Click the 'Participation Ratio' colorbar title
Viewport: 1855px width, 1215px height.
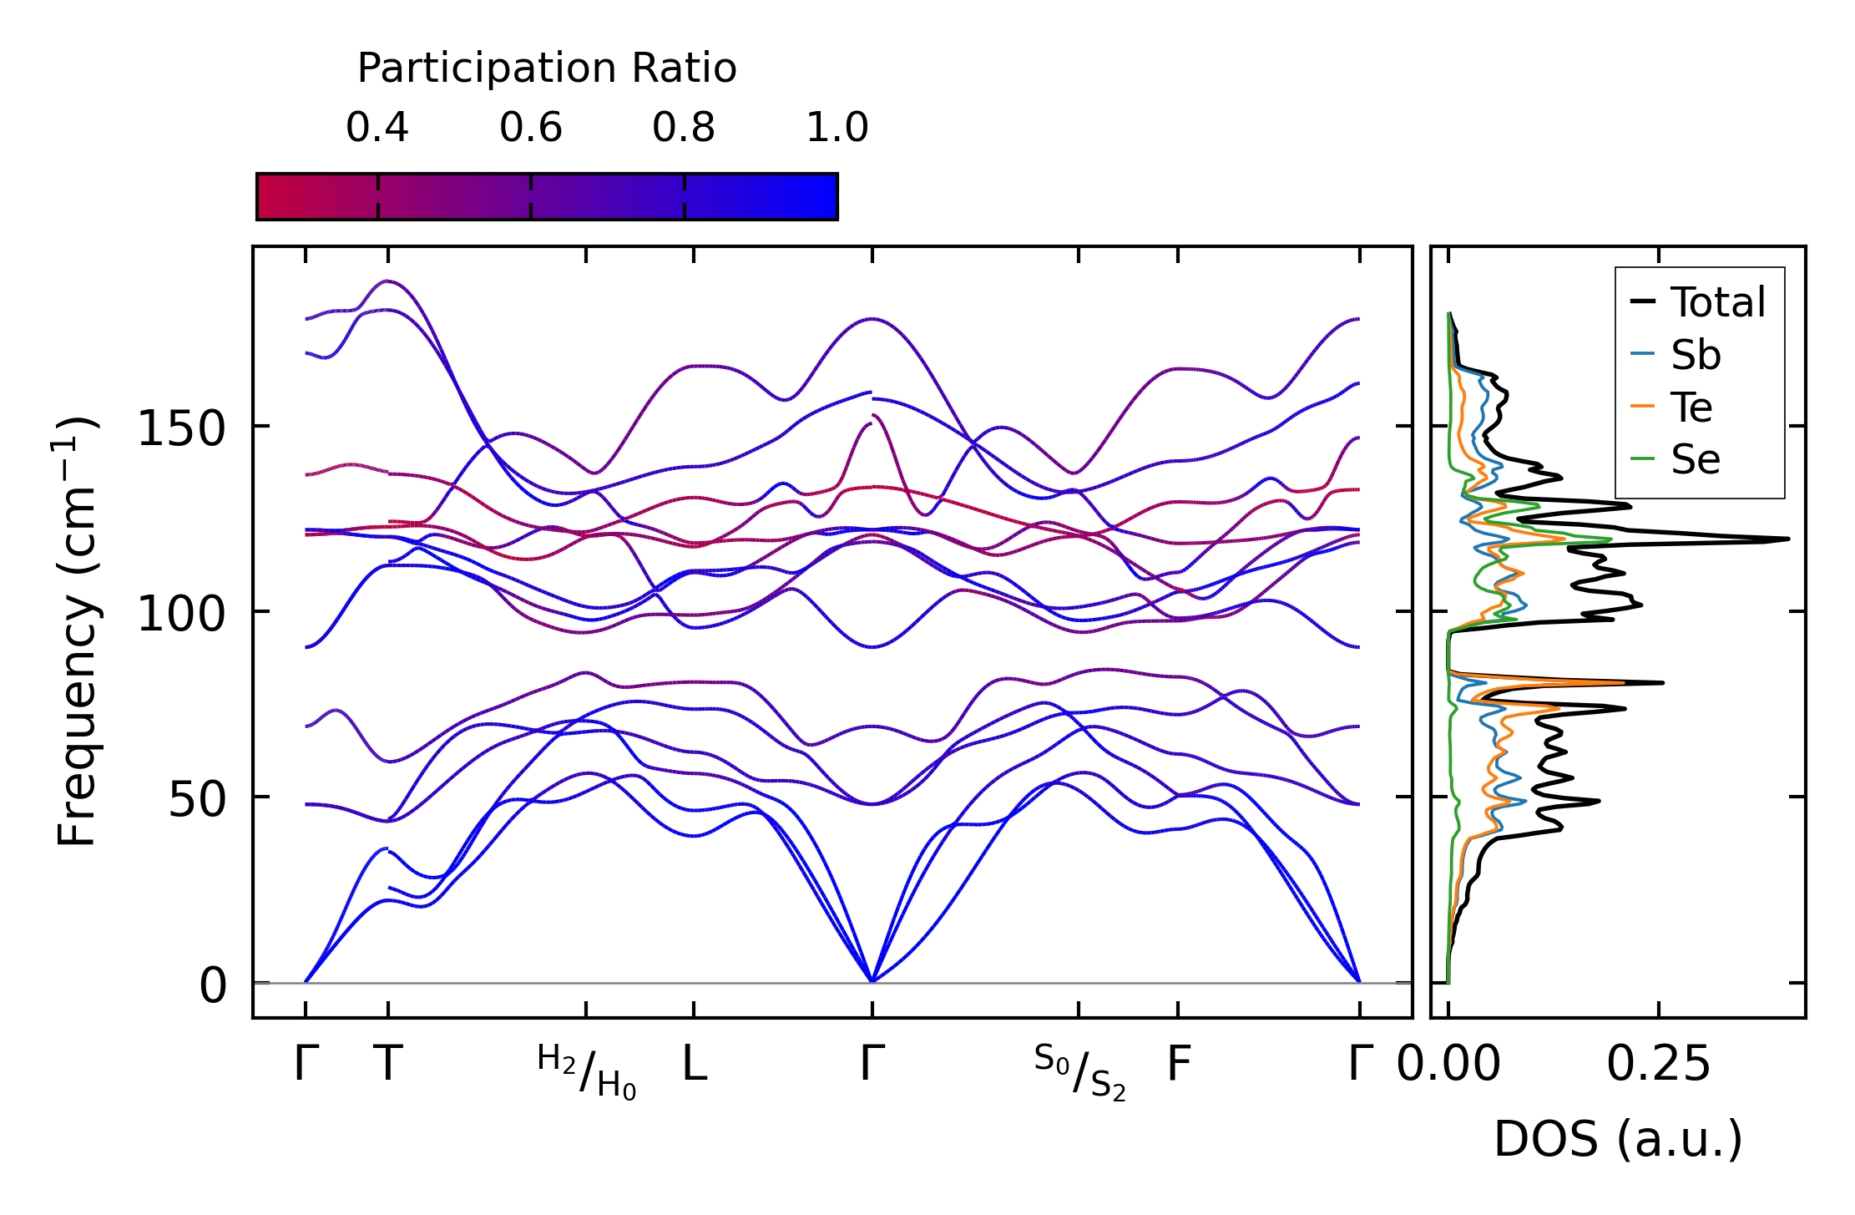coord(547,68)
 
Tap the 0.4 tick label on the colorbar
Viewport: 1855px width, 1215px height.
coord(377,128)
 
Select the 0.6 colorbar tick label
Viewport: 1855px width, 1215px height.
coord(531,128)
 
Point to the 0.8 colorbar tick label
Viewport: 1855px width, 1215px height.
coord(684,128)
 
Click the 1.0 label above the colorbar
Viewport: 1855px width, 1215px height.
coord(837,128)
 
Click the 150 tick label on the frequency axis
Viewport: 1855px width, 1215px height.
coord(181,430)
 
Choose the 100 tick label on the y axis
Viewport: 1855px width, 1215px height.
coord(181,615)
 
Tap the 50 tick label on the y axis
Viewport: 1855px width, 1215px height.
coord(197,801)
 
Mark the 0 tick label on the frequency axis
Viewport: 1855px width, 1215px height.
coord(212,986)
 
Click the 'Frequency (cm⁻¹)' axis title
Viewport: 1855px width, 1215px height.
coord(77,631)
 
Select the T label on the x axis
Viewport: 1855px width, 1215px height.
coord(388,1064)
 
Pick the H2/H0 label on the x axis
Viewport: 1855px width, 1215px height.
coord(586,1071)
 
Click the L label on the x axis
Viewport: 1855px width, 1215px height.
coord(695,1064)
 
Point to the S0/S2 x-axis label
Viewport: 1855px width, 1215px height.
coord(1079,1071)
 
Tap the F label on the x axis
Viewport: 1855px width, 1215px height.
coord(1178,1064)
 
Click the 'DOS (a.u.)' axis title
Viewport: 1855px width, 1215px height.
coord(1618,1139)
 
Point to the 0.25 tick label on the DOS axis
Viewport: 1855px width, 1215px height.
coord(1658,1065)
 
